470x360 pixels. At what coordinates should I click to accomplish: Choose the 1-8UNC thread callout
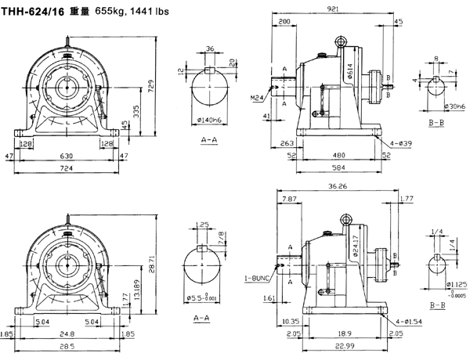tap(256, 279)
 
